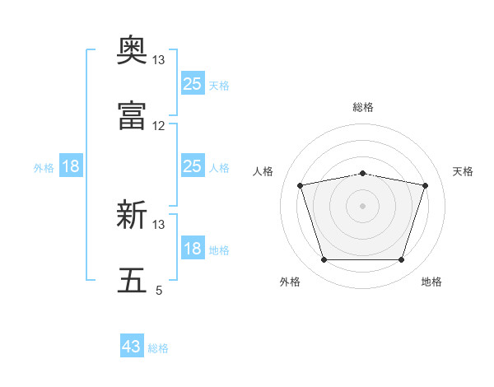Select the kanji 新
pos(132,215)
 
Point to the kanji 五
pos(132,280)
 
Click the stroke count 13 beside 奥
pos(159,60)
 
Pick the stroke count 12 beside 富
pos(159,126)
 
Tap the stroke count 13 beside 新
pos(159,224)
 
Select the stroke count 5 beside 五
pos(159,290)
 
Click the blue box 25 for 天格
pos(192,84)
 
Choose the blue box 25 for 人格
pos(192,167)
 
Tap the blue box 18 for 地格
pos(192,249)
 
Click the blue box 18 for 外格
pos(71,167)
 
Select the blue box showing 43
pos(132,347)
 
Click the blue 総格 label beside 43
pos(158,348)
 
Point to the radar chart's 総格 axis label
pos(363,107)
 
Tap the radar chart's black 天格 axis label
pos(464,171)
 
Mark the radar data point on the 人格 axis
pos(301,185)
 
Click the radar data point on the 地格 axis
pos(401,260)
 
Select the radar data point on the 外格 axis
pos(324,260)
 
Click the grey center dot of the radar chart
pos(362,206)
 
